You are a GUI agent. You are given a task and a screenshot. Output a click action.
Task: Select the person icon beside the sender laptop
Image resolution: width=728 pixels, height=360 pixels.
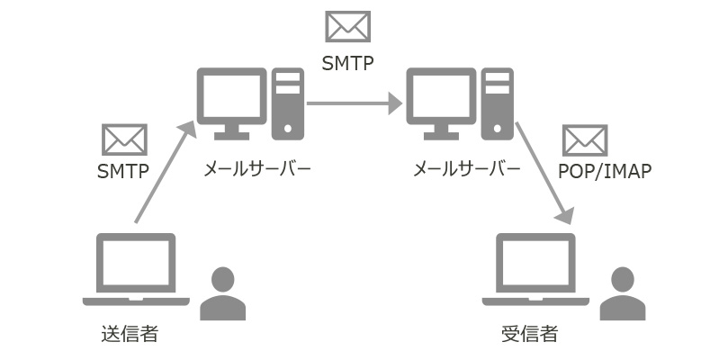point(222,293)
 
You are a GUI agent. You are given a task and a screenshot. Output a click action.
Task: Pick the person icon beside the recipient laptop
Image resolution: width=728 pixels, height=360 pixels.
point(623,293)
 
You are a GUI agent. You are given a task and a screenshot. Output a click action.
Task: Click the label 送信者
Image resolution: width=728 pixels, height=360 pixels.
point(130,334)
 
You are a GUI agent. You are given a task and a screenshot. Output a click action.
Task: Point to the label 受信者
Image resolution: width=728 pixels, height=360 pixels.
point(529,334)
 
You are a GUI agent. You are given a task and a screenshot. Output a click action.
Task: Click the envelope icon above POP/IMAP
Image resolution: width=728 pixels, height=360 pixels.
point(585,140)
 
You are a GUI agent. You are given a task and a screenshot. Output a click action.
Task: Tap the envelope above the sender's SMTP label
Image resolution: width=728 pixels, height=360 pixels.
point(124,139)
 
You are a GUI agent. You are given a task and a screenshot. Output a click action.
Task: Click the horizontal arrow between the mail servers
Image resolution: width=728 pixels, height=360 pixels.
point(353,104)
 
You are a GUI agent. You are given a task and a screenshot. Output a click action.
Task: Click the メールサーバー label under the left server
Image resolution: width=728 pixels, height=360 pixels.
point(257,168)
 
